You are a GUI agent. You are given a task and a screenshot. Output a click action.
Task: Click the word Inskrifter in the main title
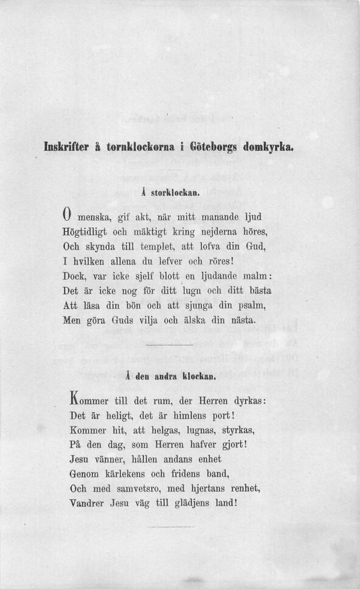point(67,147)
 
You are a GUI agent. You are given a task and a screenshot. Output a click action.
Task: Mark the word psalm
point(253,305)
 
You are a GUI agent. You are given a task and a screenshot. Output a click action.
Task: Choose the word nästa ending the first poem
point(244,319)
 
